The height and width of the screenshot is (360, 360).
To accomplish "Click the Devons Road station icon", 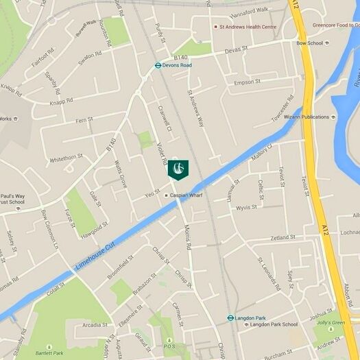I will click(158, 66).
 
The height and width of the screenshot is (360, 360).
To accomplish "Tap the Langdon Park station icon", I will click(230, 318).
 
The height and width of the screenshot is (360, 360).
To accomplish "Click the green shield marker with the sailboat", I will click(178, 169).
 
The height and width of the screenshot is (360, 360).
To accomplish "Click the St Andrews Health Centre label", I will click(248, 27).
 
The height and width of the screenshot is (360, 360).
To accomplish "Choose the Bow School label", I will click(309, 43).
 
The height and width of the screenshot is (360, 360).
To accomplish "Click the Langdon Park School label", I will click(273, 324).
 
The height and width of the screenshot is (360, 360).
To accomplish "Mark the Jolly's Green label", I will click(331, 322).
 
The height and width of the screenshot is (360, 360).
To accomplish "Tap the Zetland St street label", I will click(282, 237).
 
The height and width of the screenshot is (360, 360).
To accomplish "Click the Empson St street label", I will click(248, 82).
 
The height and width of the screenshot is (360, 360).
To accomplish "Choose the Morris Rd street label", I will click(188, 237).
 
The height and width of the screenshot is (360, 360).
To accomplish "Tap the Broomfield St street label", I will click(120, 267).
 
